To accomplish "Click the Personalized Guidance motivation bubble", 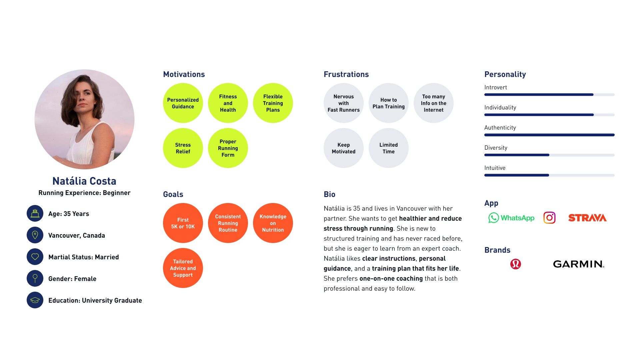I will pyautogui.click(x=183, y=103).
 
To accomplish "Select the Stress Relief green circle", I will pyautogui.click(x=183, y=148).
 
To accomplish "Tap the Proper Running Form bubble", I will pyautogui.click(x=228, y=148).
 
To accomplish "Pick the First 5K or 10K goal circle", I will pyautogui.click(x=183, y=223).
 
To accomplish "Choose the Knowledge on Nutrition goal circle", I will pyautogui.click(x=273, y=223).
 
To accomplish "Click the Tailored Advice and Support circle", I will pyautogui.click(x=183, y=268).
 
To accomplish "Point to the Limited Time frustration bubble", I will pyautogui.click(x=388, y=148).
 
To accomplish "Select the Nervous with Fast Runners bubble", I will pyautogui.click(x=343, y=103).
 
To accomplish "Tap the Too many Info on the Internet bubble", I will pyautogui.click(x=433, y=103).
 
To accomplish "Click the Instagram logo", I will pyautogui.click(x=549, y=218).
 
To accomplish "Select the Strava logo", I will pyautogui.click(x=587, y=218).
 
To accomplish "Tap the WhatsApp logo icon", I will pyautogui.click(x=494, y=218).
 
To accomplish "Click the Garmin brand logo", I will pyautogui.click(x=578, y=264).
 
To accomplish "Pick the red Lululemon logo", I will pyautogui.click(x=515, y=264).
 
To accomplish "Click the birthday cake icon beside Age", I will pyautogui.click(x=35, y=213).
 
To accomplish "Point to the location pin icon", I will pyautogui.click(x=35, y=235).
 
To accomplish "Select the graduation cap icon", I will pyautogui.click(x=35, y=300).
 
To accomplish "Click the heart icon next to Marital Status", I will pyautogui.click(x=35, y=257).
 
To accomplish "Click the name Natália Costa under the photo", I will pyautogui.click(x=84, y=181).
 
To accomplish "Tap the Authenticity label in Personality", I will pyautogui.click(x=500, y=128).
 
